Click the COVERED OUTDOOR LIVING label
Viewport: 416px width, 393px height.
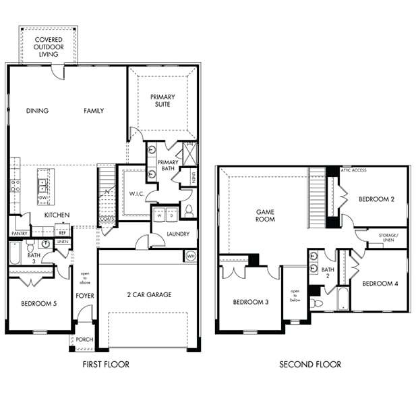[x=49, y=47]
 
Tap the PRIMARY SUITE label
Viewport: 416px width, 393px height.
[x=162, y=101]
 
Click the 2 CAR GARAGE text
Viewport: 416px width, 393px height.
[x=148, y=294]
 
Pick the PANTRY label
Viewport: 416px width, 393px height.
[x=18, y=234]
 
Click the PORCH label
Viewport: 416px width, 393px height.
[x=84, y=340]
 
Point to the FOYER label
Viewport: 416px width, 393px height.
[x=84, y=296]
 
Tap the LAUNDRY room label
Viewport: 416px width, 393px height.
[x=178, y=234]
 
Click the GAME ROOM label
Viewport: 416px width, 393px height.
[x=265, y=215]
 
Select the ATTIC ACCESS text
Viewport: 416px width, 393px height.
[x=354, y=170]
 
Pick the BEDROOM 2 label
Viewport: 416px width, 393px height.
[x=376, y=199]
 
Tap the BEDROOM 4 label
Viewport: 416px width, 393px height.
[x=379, y=284]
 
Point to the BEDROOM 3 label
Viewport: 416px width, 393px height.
[x=251, y=302]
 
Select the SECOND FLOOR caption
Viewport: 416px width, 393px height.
[x=310, y=365]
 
